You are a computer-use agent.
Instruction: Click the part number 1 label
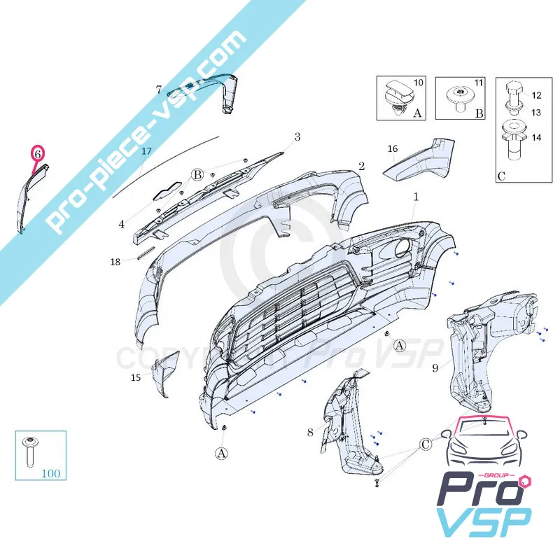pyautogui.click(x=415, y=197)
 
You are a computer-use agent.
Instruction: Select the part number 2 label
pyautogui.click(x=361, y=167)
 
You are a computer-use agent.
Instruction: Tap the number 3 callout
pyautogui.click(x=297, y=137)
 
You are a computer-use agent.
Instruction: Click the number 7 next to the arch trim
pyautogui.click(x=159, y=90)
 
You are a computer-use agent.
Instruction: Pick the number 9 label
pyautogui.click(x=435, y=366)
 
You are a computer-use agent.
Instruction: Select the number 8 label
pyautogui.click(x=310, y=433)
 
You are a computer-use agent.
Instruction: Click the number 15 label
pyautogui.click(x=136, y=378)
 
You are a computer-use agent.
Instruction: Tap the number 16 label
pyautogui.click(x=392, y=148)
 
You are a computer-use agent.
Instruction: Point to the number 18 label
pyautogui.click(x=115, y=262)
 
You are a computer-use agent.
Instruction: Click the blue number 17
pyautogui.click(x=146, y=150)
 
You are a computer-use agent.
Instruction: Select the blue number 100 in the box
pyautogui.click(x=50, y=473)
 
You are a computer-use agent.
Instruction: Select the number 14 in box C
pyautogui.click(x=536, y=138)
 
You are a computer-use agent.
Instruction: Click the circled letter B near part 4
pyautogui.click(x=197, y=174)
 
